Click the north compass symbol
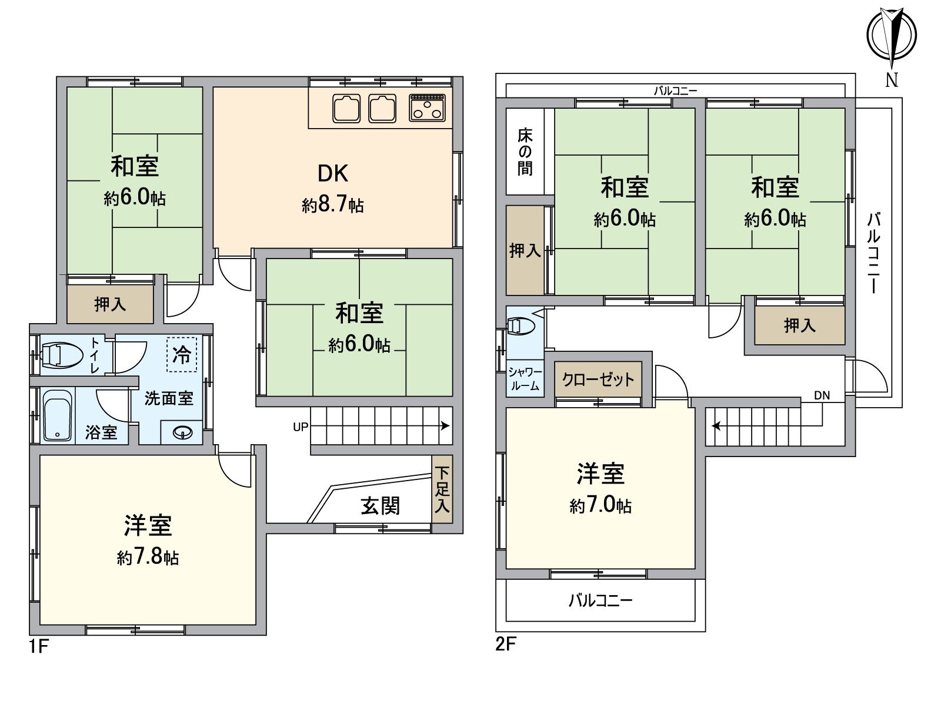pyautogui.click(x=892, y=35)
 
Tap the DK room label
pyautogui.click(x=333, y=173)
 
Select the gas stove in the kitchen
pyautogui.click(x=428, y=108)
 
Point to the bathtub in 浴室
pyautogui.click(x=57, y=415)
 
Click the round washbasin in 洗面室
pyautogui.click(x=183, y=433)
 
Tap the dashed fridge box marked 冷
pyautogui.click(x=181, y=354)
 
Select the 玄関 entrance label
pyautogui.click(x=381, y=506)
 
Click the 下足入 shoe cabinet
pyautogui.click(x=442, y=489)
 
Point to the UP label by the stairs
pyautogui.click(x=301, y=427)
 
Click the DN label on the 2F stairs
pyautogui.click(x=822, y=395)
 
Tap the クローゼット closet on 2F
pyautogui.click(x=598, y=380)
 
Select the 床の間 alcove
pyautogui.click(x=525, y=152)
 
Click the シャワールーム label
pyautogui.click(x=524, y=380)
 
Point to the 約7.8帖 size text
pyautogui.click(x=148, y=556)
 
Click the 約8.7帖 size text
pyautogui.click(x=333, y=205)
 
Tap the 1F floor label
pyautogui.click(x=38, y=647)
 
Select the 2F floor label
pyautogui.click(x=505, y=644)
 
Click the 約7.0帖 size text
pyautogui.click(x=600, y=505)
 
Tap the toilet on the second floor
pyautogui.click(x=520, y=325)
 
